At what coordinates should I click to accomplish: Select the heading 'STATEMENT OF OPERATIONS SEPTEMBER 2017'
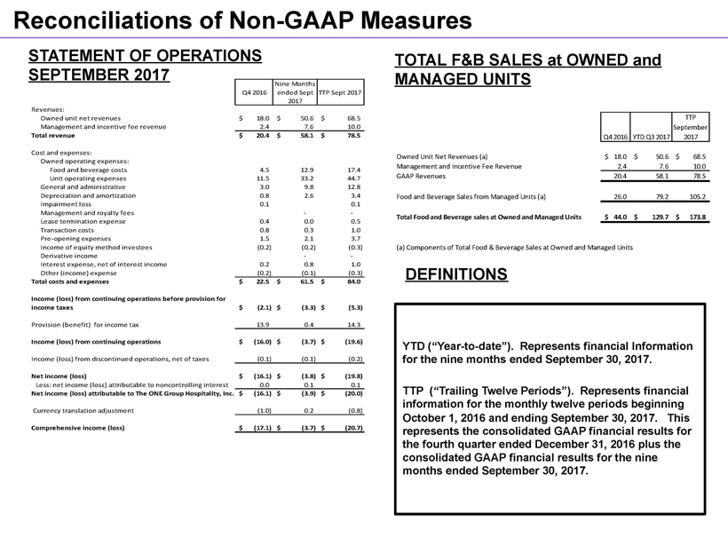145,63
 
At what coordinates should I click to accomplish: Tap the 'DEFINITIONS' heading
456,275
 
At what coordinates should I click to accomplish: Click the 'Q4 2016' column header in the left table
253,92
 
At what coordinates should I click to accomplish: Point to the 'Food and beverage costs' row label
89,169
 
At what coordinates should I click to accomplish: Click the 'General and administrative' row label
83,186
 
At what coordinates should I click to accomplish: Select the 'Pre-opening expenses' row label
76,238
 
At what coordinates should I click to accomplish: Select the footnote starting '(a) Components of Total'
514,246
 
